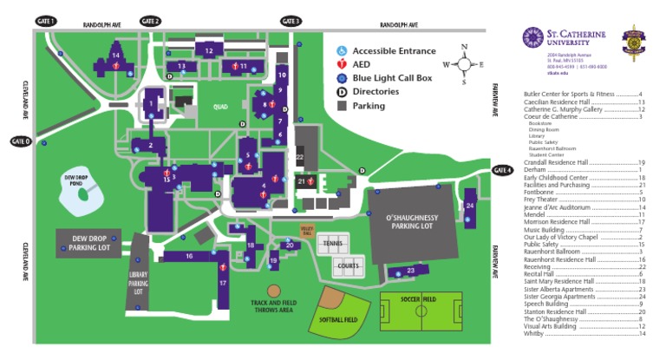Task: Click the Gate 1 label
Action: (x=46, y=20)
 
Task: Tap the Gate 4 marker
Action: (x=504, y=170)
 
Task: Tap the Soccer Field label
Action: (x=419, y=298)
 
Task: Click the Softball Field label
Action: (x=339, y=319)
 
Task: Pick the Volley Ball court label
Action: (x=306, y=231)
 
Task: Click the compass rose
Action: (x=464, y=63)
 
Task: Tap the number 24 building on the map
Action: (x=469, y=206)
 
